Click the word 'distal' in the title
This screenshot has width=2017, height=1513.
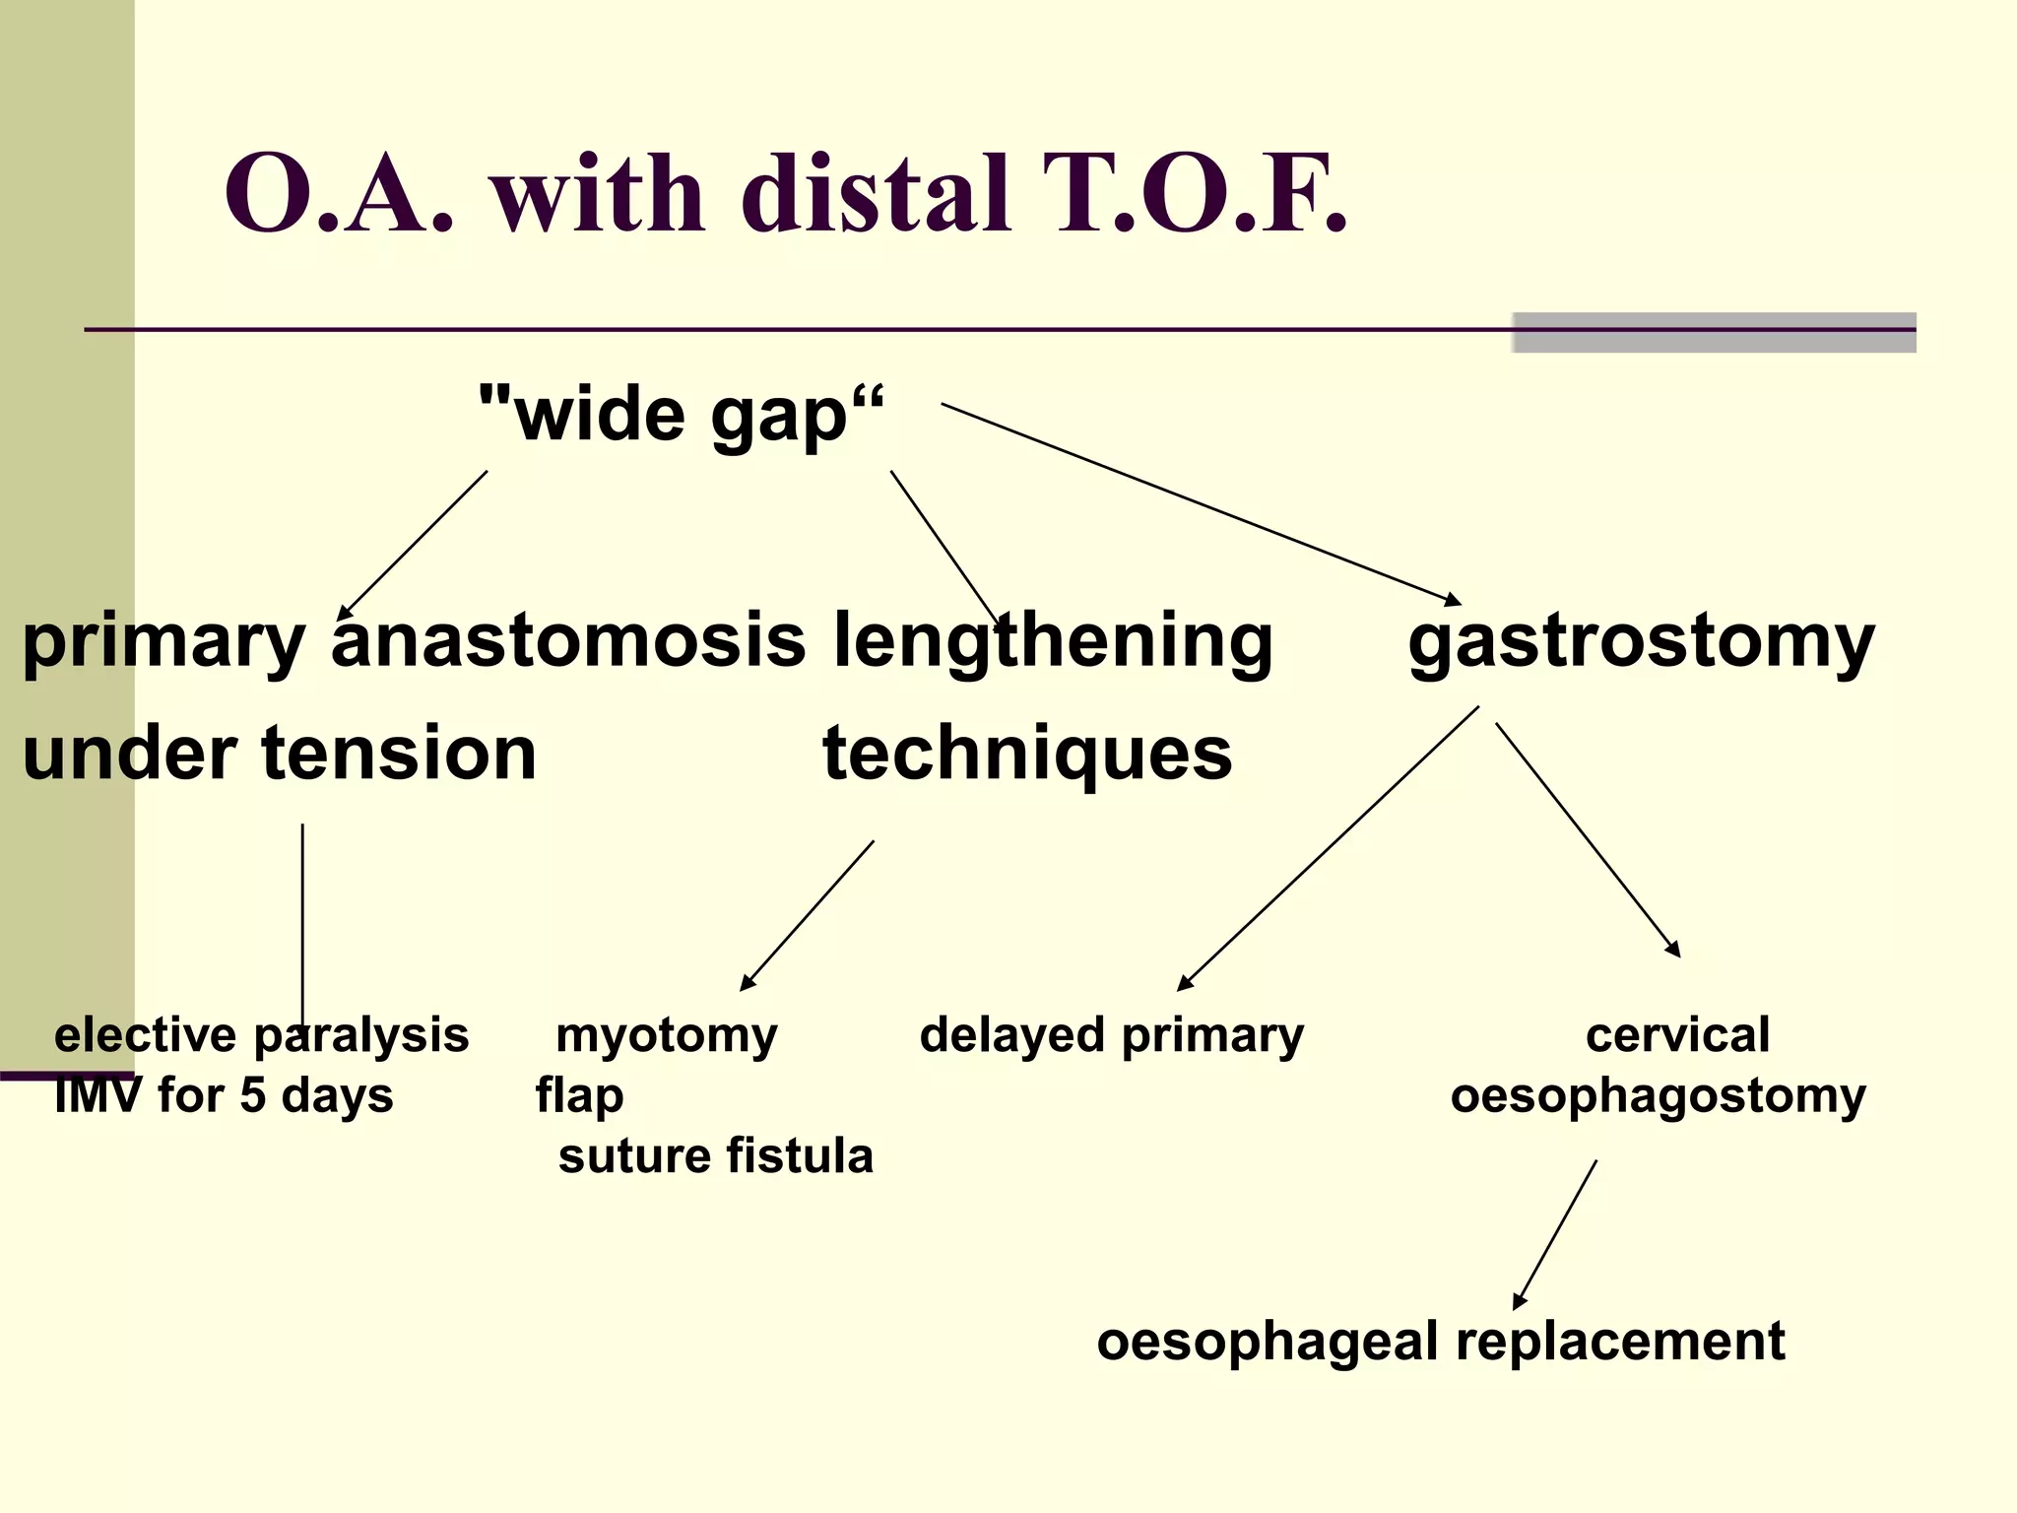click(x=877, y=194)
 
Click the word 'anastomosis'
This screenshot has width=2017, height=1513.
click(x=568, y=640)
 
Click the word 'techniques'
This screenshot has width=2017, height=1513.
click(x=1027, y=755)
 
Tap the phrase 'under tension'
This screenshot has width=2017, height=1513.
click(x=280, y=754)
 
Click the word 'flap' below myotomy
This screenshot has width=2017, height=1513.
click(x=579, y=1096)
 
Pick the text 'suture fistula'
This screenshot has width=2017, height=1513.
click(x=716, y=1155)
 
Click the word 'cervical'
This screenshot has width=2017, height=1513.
click(x=1677, y=1035)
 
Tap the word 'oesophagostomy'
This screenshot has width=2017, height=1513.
click(x=1658, y=1096)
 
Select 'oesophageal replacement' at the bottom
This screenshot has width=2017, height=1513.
click(x=1440, y=1342)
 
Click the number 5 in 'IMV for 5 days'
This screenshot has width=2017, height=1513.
click(x=252, y=1096)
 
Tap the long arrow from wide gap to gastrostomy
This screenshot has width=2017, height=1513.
click(x=1202, y=504)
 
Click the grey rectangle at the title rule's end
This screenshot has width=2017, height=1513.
click(x=1714, y=333)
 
